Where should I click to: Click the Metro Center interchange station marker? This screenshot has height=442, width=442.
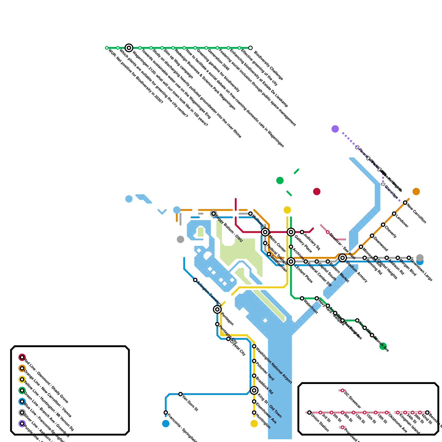[265, 232]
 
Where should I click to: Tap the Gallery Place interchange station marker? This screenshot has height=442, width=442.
[291, 232]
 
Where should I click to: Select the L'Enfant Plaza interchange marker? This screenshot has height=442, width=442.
[291, 261]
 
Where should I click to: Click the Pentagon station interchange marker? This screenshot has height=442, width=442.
[217, 309]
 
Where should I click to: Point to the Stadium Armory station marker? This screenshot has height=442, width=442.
[343, 258]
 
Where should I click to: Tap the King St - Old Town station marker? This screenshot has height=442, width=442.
[254, 390]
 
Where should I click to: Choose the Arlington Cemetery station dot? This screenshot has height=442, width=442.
[195, 280]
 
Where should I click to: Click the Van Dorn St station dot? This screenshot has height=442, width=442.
[180, 394]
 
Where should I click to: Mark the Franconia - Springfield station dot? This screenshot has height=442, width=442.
[166, 412]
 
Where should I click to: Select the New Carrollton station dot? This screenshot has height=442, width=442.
[405, 202]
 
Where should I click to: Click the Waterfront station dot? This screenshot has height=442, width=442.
[302, 298]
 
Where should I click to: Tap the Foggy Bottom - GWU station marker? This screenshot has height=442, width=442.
[214, 214]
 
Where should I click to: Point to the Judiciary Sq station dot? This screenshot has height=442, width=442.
[302, 232]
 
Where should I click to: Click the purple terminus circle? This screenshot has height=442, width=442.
[335, 129]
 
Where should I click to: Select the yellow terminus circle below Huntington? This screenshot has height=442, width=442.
[254, 423]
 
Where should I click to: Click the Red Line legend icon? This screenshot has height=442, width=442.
[22, 357]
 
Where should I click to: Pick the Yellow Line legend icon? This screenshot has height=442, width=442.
[22, 379]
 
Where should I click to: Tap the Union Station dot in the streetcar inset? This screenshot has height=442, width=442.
[309, 412]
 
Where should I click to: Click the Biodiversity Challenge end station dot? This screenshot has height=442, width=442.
[250, 48]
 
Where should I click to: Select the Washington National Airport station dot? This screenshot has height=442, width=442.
[254, 346]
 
